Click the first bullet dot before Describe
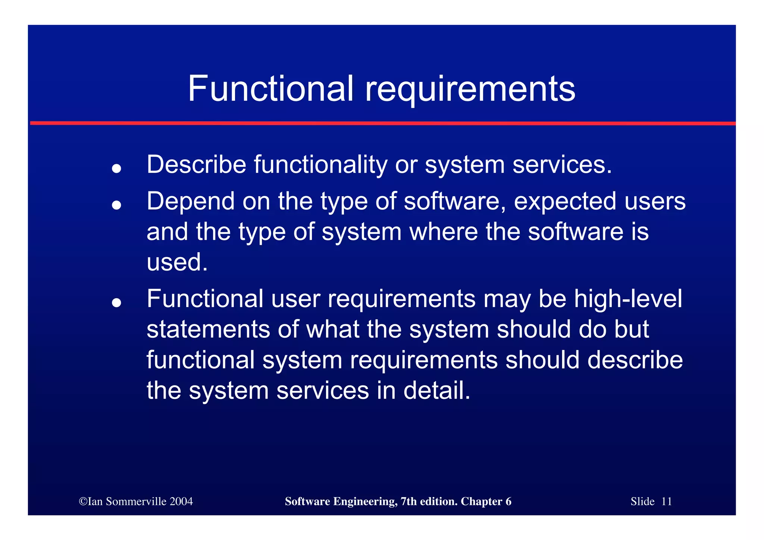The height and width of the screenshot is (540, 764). [116, 169]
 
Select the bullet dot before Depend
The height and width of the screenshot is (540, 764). [116, 205]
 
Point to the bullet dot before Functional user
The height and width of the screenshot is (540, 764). [116, 303]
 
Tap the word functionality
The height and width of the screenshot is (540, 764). [321, 165]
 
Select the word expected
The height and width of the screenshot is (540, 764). [565, 202]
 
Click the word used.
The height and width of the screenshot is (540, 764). [177, 262]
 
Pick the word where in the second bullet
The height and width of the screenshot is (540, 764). [444, 231]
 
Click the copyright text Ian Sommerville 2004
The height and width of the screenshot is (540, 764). [136, 501]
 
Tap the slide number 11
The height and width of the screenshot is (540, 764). [666, 501]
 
